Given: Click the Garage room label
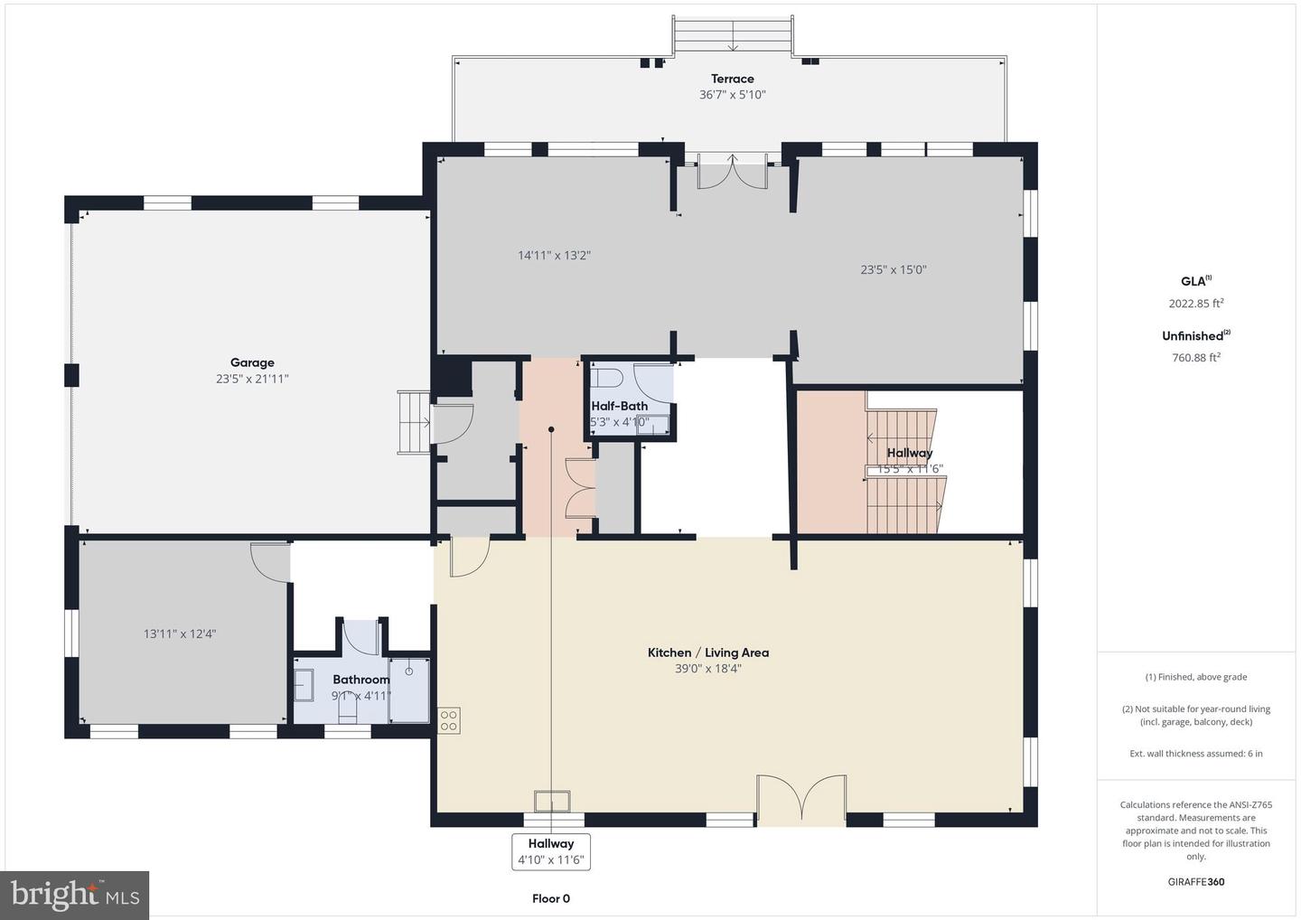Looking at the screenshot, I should click(251, 363).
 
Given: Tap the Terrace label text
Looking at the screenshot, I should click(732, 79).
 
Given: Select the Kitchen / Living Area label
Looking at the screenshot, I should click(707, 652).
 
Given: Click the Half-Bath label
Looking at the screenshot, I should click(619, 406).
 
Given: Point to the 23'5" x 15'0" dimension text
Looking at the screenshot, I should click(893, 269).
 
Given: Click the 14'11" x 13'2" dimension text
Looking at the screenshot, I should click(554, 256).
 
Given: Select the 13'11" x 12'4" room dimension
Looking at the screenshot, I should click(180, 634).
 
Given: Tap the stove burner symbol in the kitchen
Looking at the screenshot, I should click(449, 719).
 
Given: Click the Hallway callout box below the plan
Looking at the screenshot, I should click(550, 851).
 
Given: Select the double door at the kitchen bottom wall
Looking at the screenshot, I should click(801, 799).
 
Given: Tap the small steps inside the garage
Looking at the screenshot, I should click(415, 422).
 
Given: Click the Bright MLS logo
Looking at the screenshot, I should click(75, 895).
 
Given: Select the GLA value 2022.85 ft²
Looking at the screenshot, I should click(1195, 304).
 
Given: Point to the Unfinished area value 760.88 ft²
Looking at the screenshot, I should click(1195, 357).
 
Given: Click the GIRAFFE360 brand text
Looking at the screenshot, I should click(1195, 882).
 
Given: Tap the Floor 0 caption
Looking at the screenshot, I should click(550, 898).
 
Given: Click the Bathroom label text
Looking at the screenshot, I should click(360, 680).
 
